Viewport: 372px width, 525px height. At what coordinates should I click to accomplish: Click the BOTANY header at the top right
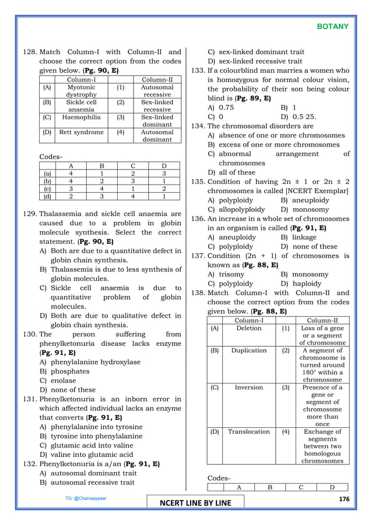333,27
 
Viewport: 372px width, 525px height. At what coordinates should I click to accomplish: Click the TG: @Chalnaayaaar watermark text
86,499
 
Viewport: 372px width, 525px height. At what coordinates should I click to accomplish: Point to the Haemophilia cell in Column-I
82,116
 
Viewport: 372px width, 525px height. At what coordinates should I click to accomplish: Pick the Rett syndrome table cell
82,132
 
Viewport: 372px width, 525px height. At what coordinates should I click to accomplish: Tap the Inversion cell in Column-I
249,387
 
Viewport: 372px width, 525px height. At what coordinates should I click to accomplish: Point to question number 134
198,126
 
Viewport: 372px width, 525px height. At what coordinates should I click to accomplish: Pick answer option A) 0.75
221,108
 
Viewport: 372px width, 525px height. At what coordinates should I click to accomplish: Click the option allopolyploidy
236,209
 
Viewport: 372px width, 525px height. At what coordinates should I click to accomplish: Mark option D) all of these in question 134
231,172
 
